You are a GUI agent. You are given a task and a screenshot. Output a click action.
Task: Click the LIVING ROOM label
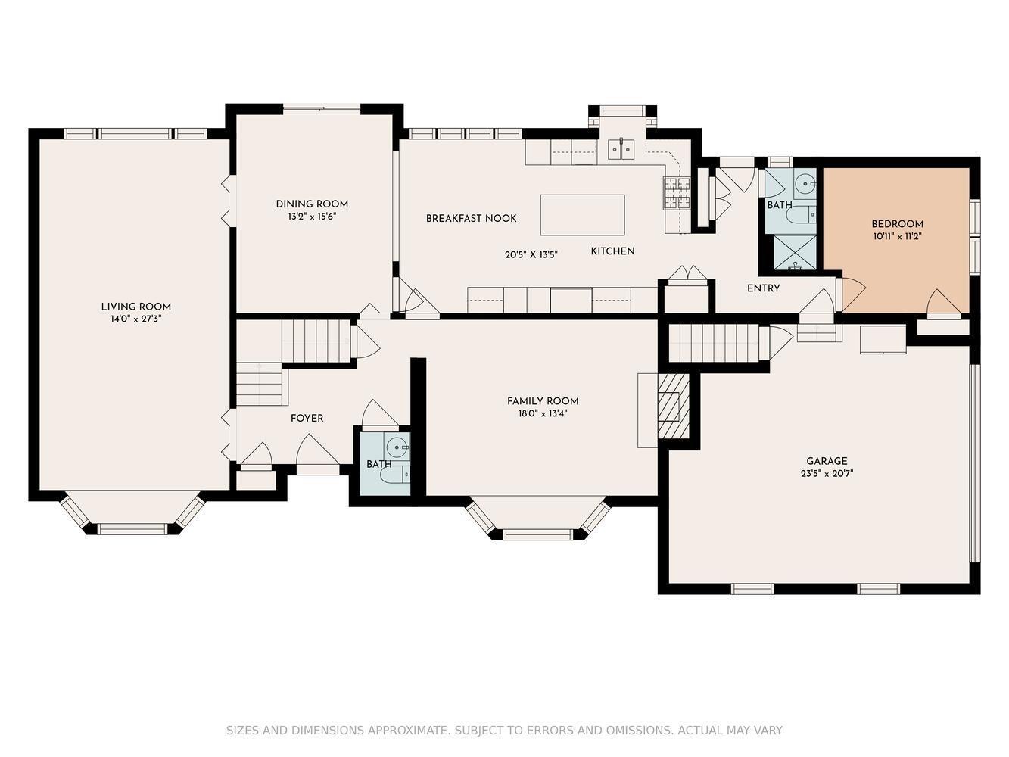pyautogui.click(x=136, y=307)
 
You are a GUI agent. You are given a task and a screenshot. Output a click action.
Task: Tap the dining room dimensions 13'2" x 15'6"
pyautogui.click(x=312, y=217)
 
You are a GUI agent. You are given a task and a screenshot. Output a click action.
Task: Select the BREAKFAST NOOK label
pyautogui.click(x=471, y=218)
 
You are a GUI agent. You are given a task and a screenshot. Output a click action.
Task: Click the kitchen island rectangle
pyautogui.click(x=582, y=215)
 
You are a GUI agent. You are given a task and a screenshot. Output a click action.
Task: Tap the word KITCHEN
pyautogui.click(x=612, y=251)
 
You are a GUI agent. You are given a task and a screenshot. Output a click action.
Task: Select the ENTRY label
pyautogui.click(x=763, y=288)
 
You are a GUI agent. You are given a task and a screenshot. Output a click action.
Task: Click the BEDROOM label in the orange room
pyautogui.click(x=897, y=224)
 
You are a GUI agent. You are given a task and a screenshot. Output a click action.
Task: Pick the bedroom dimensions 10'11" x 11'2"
pyautogui.click(x=897, y=236)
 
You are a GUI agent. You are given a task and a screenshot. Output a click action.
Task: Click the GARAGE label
pyautogui.click(x=827, y=461)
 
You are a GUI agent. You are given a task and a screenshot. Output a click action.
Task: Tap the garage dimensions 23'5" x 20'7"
pyautogui.click(x=827, y=473)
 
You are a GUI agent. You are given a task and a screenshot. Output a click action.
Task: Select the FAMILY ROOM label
pyautogui.click(x=543, y=401)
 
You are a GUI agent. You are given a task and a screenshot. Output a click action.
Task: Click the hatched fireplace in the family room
pyautogui.click(x=673, y=405)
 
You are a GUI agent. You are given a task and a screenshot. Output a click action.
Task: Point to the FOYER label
pyautogui.click(x=307, y=419)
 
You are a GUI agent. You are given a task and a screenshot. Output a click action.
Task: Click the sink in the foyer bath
pyautogui.click(x=397, y=447)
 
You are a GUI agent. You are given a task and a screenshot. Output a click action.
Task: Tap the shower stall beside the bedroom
pyautogui.click(x=795, y=253)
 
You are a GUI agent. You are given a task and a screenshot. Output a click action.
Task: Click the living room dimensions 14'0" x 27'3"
pyautogui.click(x=136, y=319)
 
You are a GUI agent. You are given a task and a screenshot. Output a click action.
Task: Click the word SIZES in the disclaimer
pyautogui.click(x=242, y=731)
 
